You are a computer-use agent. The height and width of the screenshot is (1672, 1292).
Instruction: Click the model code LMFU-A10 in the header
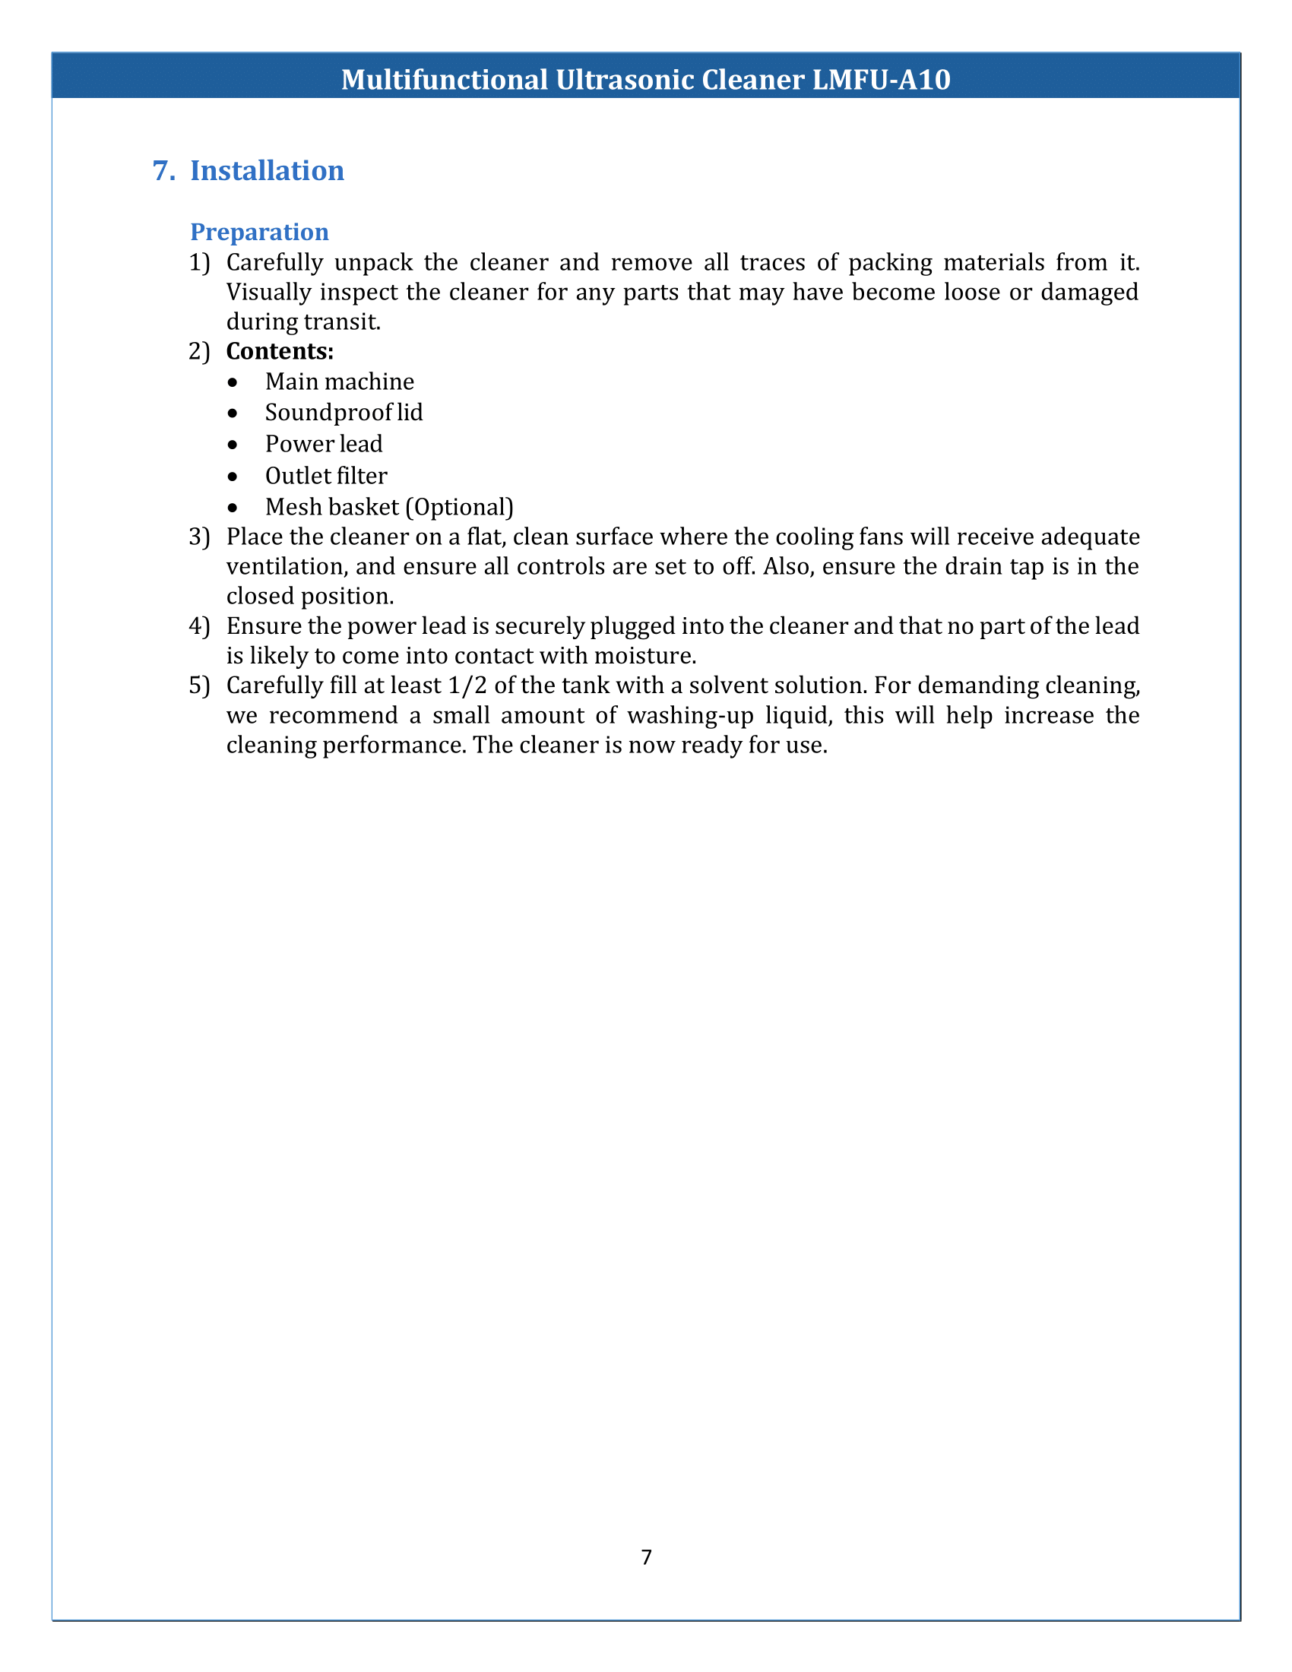pyautogui.click(x=880, y=80)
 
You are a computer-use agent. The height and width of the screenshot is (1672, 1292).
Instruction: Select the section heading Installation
pyautogui.click(x=267, y=171)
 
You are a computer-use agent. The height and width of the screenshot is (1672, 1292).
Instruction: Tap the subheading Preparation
pyautogui.click(x=259, y=232)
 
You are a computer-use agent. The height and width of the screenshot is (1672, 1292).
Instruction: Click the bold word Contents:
pyautogui.click(x=280, y=351)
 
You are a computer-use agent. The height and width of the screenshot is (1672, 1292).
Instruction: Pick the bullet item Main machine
pyautogui.click(x=339, y=382)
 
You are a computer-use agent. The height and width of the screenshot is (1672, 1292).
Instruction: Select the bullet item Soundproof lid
pyautogui.click(x=344, y=413)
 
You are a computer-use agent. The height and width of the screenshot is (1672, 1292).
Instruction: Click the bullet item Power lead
pyautogui.click(x=324, y=444)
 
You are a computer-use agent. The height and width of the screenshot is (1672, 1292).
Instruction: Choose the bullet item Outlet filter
pyautogui.click(x=326, y=477)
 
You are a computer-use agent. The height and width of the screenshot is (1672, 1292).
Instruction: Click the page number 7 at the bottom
pyautogui.click(x=646, y=1557)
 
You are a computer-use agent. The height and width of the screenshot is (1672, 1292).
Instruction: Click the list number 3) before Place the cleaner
pyautogui.click(x=199, y=537)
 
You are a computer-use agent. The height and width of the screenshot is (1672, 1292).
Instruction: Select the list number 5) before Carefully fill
pyautogui.click(x=199, y=686)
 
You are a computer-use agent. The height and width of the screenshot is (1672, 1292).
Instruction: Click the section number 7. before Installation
pyautogui.click(x=164, y=171)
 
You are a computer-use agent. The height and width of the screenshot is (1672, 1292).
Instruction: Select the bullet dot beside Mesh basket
pyautogui.click(x=233, y=508)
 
